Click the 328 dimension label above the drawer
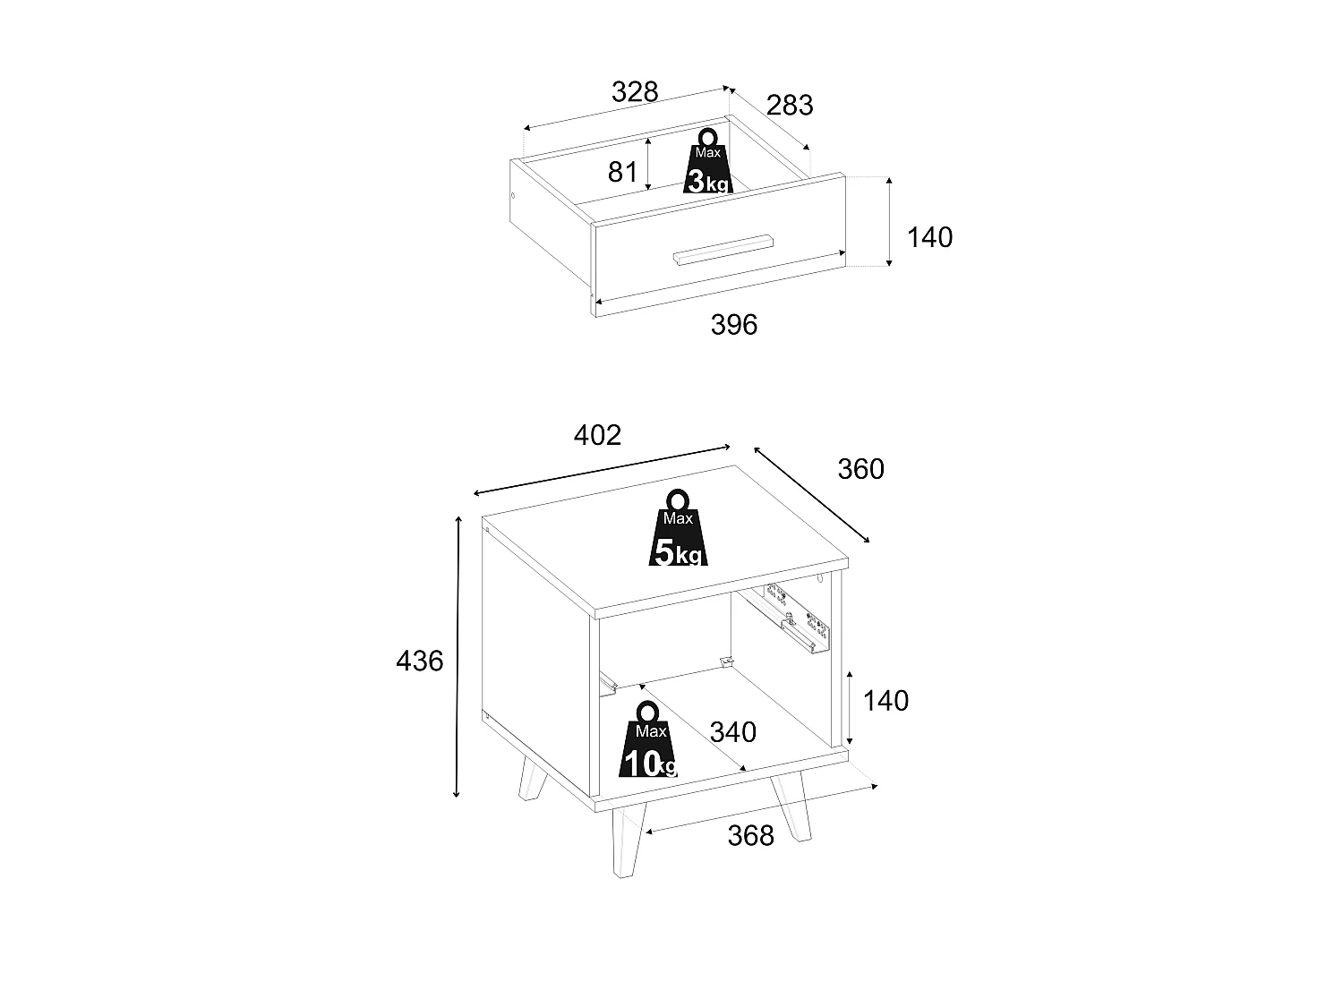(x=635, y=92)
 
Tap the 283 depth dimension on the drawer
(x=790, y=106)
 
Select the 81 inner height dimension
(x=622, y=172)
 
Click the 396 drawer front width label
(x=733, y=325)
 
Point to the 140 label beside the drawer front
(x=929, y=237)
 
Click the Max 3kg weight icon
(x=708, y=161)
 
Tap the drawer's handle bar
(x=723, y=250)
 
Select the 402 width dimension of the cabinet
(x=597, y=435)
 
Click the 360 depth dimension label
(x=861, y=469)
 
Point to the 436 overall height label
(x=419, y=661)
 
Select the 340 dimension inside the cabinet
(x=732, y=732)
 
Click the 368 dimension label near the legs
(x=750, y=835)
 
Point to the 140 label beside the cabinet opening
(x=885, y=701)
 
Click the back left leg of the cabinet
(x=532, y=779)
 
